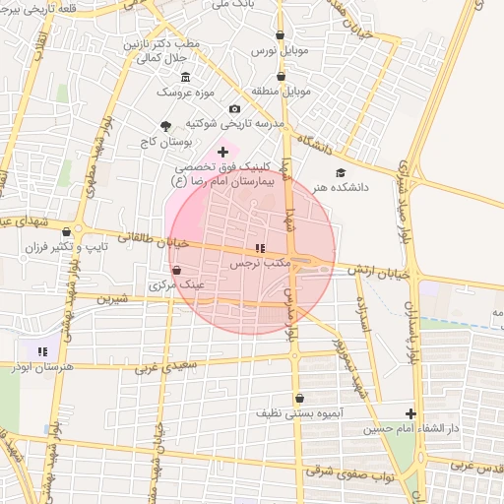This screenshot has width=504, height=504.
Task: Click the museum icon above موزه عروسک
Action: point(185,77)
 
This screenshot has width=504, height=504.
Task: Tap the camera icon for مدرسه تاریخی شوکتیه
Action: point(234,108)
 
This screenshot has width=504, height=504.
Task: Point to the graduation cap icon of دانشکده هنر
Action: point(341,172)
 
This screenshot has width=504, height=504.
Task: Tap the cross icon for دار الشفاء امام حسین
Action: point(410,413)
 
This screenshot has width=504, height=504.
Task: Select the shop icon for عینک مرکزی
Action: point(176,270)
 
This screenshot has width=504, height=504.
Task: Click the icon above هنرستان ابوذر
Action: point(41,350)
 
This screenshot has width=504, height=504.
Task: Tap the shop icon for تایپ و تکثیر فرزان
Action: point(66,232)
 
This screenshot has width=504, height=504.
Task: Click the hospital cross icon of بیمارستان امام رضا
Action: point(222,152)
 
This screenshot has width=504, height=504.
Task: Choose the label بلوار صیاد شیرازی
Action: point(405,197)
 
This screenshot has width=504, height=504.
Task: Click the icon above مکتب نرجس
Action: point(258,248)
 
